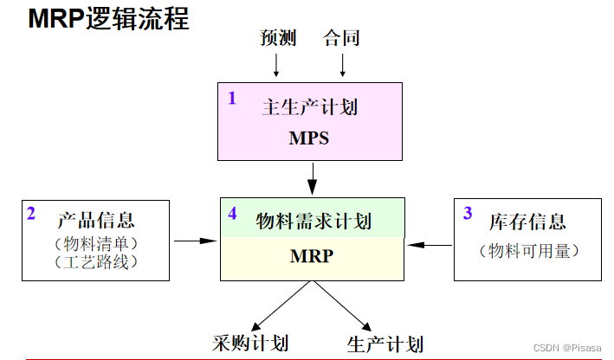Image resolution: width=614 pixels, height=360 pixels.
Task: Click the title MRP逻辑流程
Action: point(108,18)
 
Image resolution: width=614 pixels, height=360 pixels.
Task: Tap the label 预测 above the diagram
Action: point(278,38)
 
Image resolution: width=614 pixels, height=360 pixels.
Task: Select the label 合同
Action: point(341,38)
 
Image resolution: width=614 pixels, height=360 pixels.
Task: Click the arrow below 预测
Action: point(276,65)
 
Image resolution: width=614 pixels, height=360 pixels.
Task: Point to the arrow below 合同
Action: point(343,65)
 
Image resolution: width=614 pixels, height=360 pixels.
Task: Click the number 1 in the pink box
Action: point(232,98)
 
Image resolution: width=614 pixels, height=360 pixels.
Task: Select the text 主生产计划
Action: point(309,108)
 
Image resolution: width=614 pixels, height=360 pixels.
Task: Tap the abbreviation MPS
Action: point(309,138)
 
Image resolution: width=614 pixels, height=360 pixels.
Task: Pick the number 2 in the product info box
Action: point(31,213)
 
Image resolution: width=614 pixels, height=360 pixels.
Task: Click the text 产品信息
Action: point(96,220)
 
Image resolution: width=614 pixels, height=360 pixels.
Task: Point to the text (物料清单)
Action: point(96,243)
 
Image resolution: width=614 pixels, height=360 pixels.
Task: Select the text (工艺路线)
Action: point(96,261)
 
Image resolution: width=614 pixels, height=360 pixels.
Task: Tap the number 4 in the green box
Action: point(232,213)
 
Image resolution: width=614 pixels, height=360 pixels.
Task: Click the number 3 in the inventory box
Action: point(468,213)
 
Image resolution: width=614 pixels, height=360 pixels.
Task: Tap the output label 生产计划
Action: point(385,343)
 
